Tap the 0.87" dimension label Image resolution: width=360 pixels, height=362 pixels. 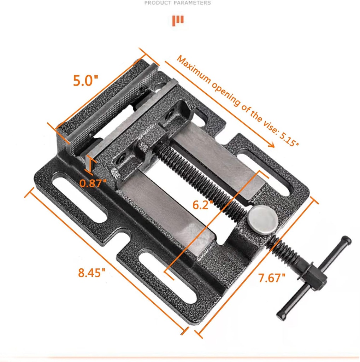(93, 183)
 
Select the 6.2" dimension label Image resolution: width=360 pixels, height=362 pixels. (202, 205)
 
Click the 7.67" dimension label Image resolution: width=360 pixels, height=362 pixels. (271, 278)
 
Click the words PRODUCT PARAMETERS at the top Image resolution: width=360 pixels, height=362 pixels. (177, 3)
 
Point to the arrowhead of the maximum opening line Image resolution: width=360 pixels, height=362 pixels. (272, 145)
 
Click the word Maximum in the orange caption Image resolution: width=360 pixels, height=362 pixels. (194, 71)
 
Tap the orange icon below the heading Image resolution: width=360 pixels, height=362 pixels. (178, 21)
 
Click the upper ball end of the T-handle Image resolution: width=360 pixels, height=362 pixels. (347, 240)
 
